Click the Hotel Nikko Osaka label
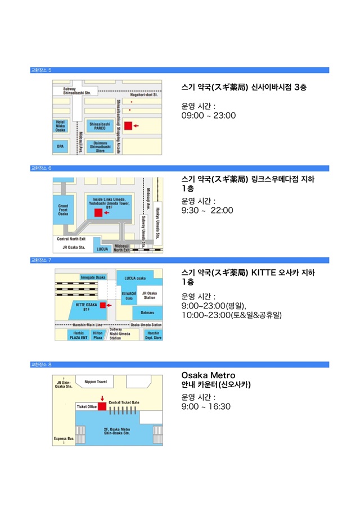(x=61, y=126)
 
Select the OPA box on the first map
(x=60, y=146)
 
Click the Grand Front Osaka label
(x=63, y=210)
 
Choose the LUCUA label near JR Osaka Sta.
(x=102, y=248)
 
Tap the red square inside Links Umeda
(x=98, y=212)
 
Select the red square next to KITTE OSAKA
(x=103, y=305)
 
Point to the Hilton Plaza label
(x=97, y=335)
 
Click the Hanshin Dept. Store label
(x=153, y=335)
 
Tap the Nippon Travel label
(x=95, y=382)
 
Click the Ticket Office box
(x=87, y=406)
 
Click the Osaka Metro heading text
(x=208, y=375)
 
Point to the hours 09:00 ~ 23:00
(x=208, y=116)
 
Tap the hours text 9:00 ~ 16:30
(x=205, y=406)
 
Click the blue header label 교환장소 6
(x=41, y=168)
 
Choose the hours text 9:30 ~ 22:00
(x=206, y=210)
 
